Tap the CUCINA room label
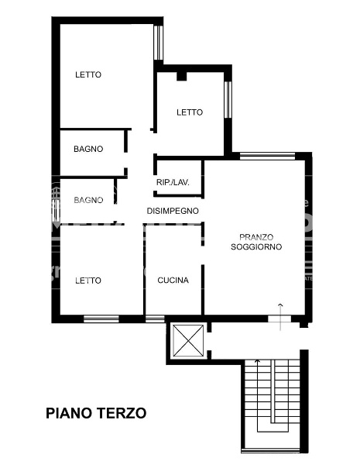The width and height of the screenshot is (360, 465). (173, 281)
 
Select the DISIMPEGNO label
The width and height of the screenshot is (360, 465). (173, 211)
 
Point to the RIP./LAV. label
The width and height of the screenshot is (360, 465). (173, 182)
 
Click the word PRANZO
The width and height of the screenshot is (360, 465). (256, 237)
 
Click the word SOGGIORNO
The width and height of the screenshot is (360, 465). (256, 246)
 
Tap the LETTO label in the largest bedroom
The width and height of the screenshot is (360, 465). (88, 74)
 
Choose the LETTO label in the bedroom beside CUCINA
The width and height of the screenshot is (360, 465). (88, 281)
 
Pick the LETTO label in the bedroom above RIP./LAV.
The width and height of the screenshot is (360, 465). (190, 112)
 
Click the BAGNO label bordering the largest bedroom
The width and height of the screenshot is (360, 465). (88, 149)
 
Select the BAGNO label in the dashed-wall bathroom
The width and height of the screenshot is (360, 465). (88, 200)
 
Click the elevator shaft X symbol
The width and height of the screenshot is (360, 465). (188, 340)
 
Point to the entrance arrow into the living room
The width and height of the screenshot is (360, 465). (280, 317)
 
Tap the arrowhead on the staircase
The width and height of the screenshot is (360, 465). (257, 361)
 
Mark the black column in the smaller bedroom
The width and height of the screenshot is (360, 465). (182, 76)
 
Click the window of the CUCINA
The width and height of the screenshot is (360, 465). (155, 319)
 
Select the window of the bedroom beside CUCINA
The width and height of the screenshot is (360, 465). (101, 319)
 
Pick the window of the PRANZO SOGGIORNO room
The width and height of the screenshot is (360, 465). (267, 156)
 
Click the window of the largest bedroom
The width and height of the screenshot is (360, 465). (159, 43)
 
